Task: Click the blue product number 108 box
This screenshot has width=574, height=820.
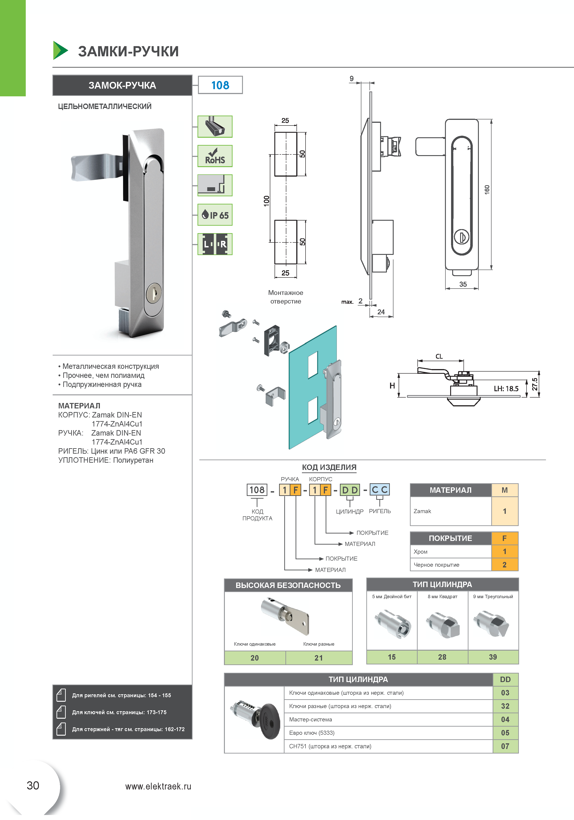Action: [x=220, y=85]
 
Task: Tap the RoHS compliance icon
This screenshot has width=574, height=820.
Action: [x=215, y=156]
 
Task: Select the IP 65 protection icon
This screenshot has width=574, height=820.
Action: [x=215, y=215]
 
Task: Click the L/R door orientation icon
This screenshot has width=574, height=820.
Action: [x=215, y=244]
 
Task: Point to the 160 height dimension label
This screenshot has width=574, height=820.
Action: [x=487, y=190]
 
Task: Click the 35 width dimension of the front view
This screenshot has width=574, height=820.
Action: [x=463, y=284]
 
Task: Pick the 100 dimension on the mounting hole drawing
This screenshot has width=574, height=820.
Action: [x=266, y=201]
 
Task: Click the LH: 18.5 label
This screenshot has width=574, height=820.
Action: [x=506, y=389]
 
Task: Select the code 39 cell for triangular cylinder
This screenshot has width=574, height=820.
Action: [x=493, y=657]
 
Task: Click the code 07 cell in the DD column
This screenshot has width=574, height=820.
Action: [x=505, y=747]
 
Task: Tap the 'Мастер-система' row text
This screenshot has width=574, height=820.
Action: [x=311, y=720]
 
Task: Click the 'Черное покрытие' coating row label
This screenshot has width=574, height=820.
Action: [x=436, y=565]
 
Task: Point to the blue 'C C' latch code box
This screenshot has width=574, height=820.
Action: [x=379, y=490]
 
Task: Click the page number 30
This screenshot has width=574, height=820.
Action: [x=33, y=786]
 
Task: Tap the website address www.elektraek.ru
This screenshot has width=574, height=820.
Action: [x=158, y=787]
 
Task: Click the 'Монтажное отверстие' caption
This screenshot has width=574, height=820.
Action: [x=286, y=297]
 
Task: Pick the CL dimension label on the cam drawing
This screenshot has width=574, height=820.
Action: [x=439, y=356]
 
